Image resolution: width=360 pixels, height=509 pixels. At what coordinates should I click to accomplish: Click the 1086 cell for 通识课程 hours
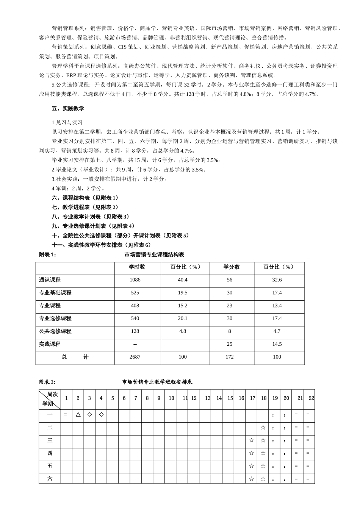click(135, 280)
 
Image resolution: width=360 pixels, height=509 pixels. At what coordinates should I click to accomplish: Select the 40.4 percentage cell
click(183, 280)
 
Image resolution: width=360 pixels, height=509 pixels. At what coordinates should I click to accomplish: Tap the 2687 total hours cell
click(135, 357)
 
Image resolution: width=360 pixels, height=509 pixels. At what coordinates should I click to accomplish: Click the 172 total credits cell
click(230, 357)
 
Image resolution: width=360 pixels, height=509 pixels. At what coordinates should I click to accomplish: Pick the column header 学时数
click(137, 267)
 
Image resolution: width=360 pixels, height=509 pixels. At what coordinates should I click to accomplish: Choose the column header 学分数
click(231, 267)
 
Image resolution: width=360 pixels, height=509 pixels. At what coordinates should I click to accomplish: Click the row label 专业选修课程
click(55, 319)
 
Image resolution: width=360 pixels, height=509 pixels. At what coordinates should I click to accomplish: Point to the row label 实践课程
click(50, 344)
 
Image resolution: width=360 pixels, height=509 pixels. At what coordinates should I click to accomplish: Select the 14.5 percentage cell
click(277, 344)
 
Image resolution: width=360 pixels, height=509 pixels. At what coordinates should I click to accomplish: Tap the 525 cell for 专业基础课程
click(135, 293)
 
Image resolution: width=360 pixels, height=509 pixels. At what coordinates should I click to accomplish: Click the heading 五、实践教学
click(68, 109)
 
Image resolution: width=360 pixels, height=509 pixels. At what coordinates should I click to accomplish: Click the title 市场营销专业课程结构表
click(154, 255)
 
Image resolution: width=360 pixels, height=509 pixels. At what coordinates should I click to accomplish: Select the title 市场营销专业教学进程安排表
click(157, 382)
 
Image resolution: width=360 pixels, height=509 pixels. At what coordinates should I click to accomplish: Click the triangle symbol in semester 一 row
click(78, 415)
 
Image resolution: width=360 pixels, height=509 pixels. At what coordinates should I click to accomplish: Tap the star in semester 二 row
click(263, 428)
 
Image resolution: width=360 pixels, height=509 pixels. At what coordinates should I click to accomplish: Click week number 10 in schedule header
click(171, 398)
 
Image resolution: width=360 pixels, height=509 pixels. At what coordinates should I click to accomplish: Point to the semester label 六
click(50, 479)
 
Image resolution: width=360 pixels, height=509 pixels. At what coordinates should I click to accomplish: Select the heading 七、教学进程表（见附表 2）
click(85, 207)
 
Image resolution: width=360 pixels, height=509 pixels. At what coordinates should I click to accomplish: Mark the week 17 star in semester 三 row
click(251, 440)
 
